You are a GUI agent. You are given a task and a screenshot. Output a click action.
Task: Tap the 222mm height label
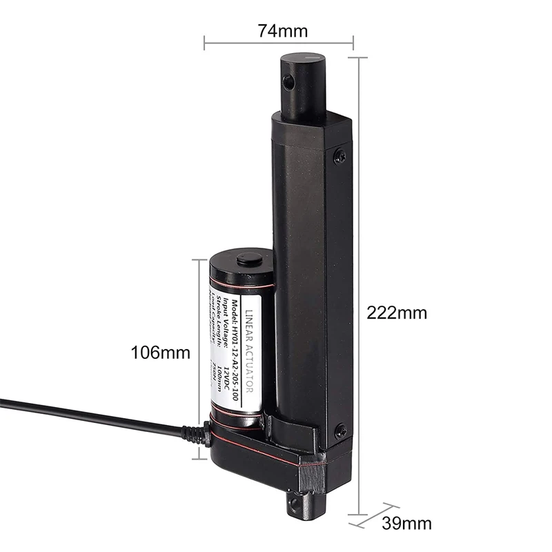[396, 313]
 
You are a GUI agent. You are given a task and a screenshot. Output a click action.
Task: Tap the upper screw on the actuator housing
[339, 157]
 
